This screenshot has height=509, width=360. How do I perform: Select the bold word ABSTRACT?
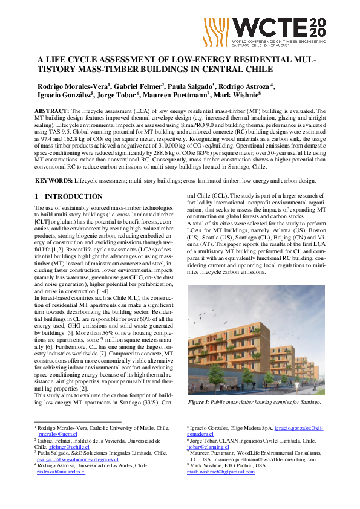point(52,112)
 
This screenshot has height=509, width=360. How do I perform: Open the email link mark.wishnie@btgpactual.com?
point(221,472)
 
